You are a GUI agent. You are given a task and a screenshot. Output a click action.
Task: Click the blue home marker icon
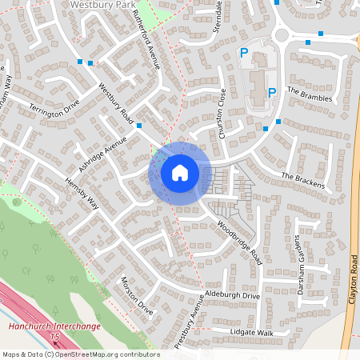tap(180, 173)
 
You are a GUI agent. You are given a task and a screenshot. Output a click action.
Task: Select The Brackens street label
tap(303, 181)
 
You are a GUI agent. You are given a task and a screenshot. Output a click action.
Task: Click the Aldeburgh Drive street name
tap(233, 296)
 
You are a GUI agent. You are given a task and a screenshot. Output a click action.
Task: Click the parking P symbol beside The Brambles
tap(271, 92)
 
